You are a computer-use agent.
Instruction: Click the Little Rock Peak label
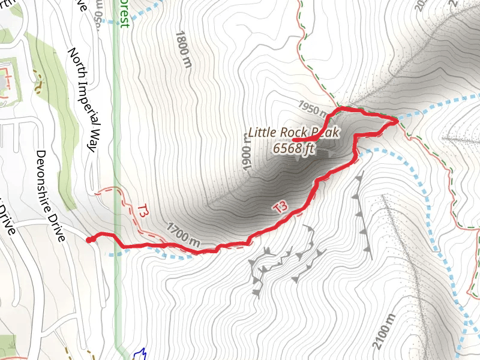(295, 133)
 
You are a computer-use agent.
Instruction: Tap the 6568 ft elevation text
(294, 148)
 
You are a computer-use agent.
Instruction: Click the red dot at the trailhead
(89, 240)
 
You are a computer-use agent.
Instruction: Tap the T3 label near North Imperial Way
(142, 211)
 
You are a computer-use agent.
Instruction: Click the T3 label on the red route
(280, 208)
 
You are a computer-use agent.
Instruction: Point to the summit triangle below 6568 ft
(299, 158)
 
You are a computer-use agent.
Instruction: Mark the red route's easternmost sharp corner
(397, 122)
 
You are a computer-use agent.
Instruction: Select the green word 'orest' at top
(124, 13)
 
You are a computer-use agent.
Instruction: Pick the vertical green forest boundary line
(117, 150)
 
